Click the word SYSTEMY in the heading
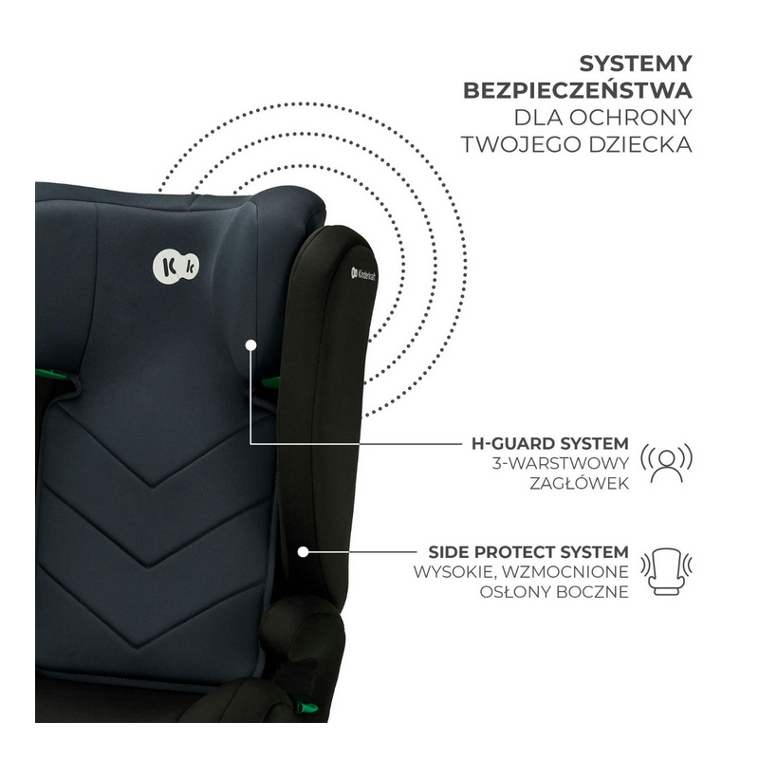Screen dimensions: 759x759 click(633, 64)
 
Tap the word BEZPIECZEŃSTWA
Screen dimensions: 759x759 click(577, 91)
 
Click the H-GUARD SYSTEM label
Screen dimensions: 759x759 click(549, 443)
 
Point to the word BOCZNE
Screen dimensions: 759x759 click(594, 592)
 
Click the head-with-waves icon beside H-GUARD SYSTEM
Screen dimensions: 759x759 click(668, 462)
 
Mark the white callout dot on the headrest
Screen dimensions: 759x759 click(250, 346)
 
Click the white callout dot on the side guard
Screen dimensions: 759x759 click(304, 550)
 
